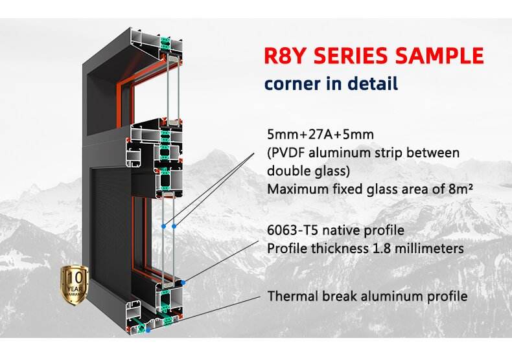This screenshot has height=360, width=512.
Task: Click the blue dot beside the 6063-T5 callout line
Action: pyautogui.click(x=185, y=282)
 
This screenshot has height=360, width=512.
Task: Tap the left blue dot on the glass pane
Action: pyautogui.click(x=163, y=226)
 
